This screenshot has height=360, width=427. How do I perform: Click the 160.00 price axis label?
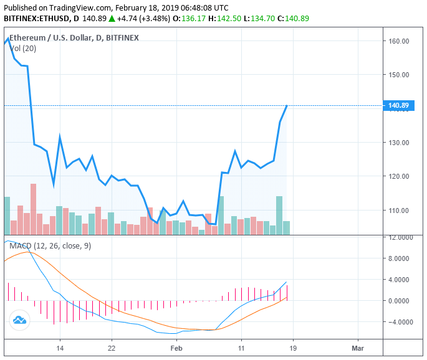point(398,41)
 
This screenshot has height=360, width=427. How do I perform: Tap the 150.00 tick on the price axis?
point(398,75)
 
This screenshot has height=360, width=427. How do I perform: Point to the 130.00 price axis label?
point(398,143)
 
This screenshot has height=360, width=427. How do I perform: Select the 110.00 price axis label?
point(398,211)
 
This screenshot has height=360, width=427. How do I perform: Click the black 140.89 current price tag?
point(398,106)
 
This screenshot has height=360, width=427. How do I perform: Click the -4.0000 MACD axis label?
point(400,323)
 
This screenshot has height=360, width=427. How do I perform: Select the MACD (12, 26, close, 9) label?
point(50,246)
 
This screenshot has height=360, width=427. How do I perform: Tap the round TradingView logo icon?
point(19,320)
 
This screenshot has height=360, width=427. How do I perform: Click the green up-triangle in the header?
point(112,19)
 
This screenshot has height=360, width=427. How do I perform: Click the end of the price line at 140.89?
point(287,106)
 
